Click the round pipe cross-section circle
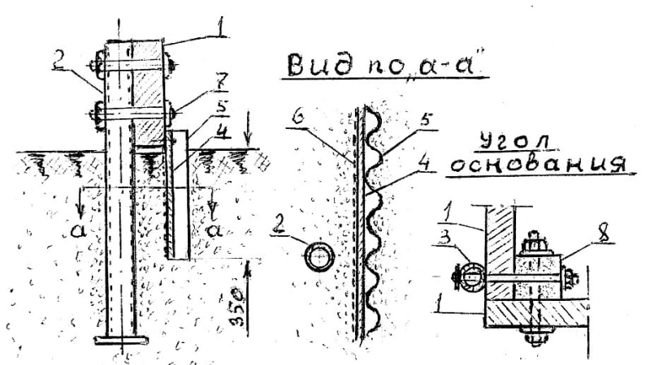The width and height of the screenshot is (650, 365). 319,257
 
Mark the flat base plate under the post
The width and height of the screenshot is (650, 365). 122,340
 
